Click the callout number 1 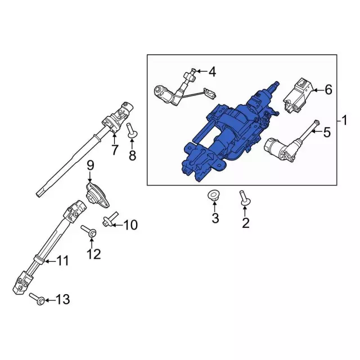point(346,120)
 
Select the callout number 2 point(245,223)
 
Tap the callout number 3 point(215,218)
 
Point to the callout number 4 point(211,71)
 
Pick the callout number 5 point(327,132)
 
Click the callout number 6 point(328,89)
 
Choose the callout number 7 point(114,150)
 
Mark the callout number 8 point(132,155)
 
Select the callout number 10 point(130,226)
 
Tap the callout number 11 point(62,260)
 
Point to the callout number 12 point(93,254)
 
